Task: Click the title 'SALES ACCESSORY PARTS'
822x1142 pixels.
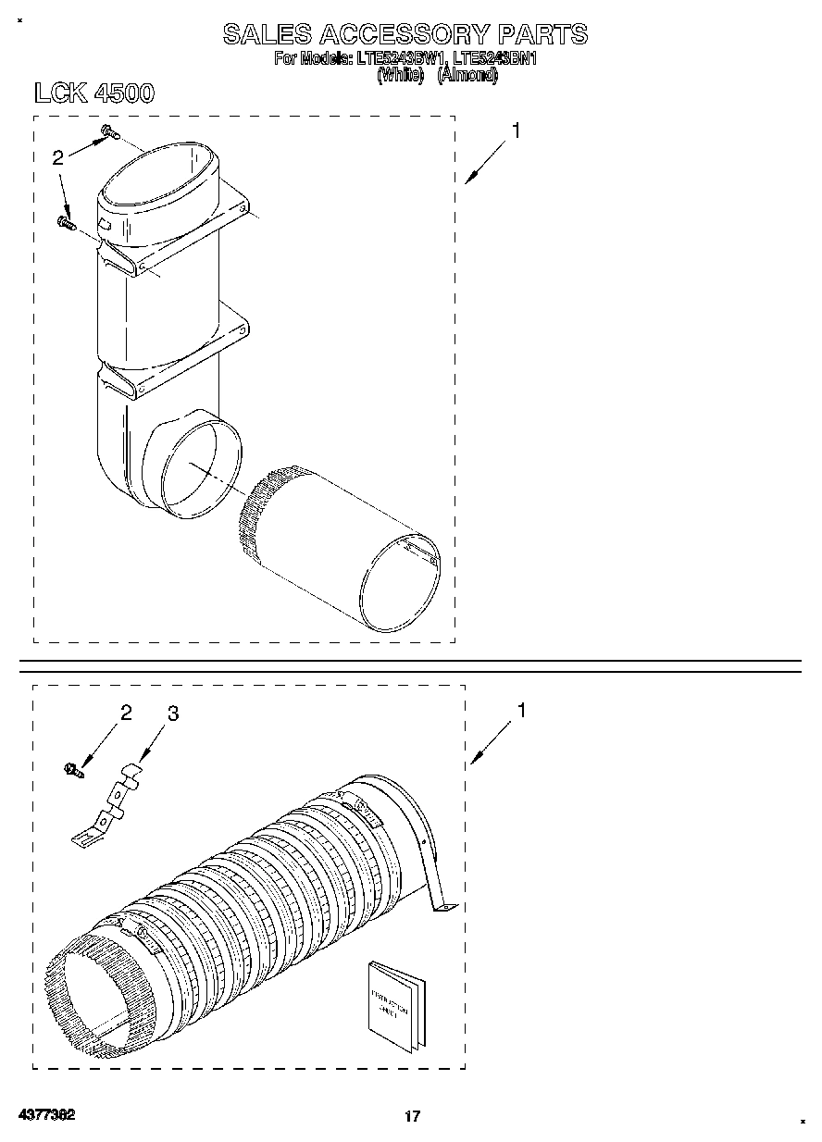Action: pos(405,34)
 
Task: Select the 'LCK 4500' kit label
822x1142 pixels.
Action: pos(93,93)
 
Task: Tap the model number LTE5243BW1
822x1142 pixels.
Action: pos(397,60)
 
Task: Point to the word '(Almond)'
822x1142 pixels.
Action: pos(467,76)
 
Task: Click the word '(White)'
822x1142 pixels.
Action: pos(401,76)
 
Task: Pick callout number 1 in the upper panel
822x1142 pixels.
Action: pos(516,131)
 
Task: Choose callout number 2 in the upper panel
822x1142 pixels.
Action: pos(57,158)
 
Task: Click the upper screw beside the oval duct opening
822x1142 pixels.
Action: pos(108,134)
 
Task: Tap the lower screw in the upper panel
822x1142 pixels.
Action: pos(67,221)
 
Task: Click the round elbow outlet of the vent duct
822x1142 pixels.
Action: pos(199,468)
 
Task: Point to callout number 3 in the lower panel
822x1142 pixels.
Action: pos(172,714)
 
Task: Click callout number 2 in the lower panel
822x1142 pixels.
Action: pos(126,713)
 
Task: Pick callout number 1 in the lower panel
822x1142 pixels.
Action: pos(521,711)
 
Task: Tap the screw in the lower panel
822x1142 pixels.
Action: pos(72,768)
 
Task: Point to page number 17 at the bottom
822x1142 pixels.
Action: pos(412,1116)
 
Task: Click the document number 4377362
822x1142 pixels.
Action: pos(44,1114)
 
